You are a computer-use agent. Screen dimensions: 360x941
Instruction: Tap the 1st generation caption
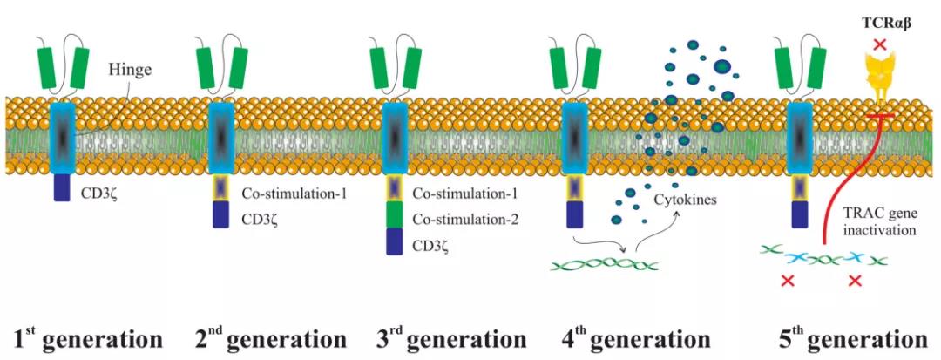87,336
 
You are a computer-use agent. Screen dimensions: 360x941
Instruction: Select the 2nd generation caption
269,336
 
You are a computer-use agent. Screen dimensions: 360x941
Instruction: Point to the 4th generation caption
632,336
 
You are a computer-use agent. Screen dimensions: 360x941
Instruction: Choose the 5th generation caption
850,336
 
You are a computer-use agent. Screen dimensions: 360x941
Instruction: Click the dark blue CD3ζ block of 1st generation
64,188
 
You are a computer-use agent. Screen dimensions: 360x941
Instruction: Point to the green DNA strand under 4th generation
606,262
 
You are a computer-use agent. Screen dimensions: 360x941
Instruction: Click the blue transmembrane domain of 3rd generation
396,138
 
